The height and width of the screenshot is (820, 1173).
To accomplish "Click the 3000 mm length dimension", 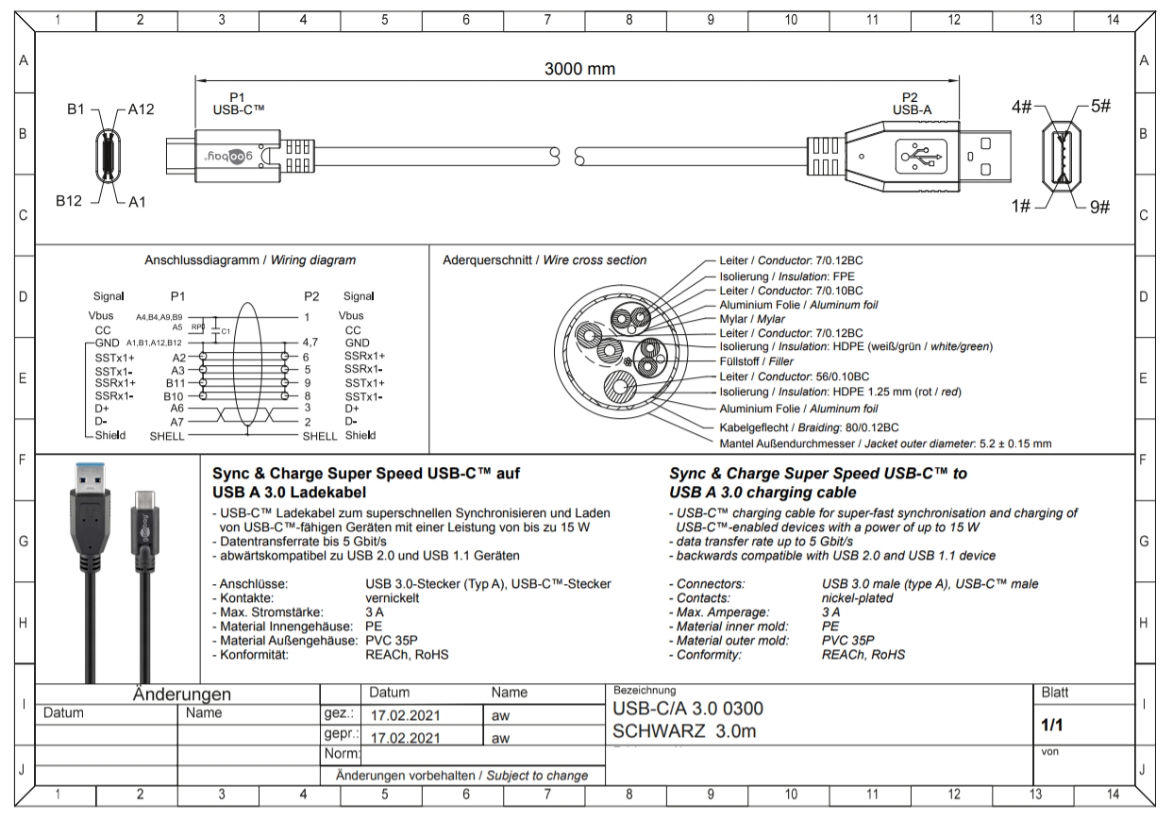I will tap(579, 69).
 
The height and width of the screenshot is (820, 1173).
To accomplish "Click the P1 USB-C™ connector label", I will tap(240, 103).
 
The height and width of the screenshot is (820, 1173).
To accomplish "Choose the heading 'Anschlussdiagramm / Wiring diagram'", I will tap(250, 259).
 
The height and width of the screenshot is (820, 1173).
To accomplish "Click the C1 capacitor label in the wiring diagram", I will tap(226, 331).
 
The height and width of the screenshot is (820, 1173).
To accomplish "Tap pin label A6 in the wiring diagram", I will tap(176, 409).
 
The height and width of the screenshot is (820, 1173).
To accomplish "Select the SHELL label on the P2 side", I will tap(320, 436).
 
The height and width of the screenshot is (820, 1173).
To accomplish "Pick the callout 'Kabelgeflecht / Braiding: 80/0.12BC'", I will tap(808, 427).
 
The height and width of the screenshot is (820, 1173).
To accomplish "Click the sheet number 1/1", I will tap(1052, 726).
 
